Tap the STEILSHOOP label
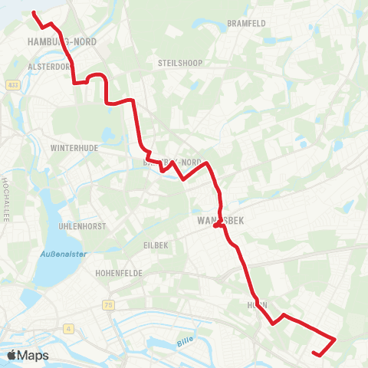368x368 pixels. point(179,63)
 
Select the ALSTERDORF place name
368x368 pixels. point(48,67)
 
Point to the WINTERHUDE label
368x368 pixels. point(71,146)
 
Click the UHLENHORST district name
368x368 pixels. point(81,226)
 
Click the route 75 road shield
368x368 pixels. point(108,305)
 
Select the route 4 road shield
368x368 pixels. point(69,329)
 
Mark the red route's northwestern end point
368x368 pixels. point(34,12)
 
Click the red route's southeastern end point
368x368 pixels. point(315,353)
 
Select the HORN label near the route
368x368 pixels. point(258,304)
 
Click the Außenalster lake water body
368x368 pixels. point(48,207)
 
